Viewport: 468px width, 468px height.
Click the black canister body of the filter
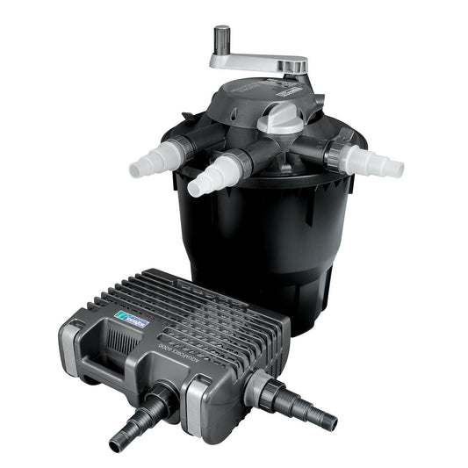263,246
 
